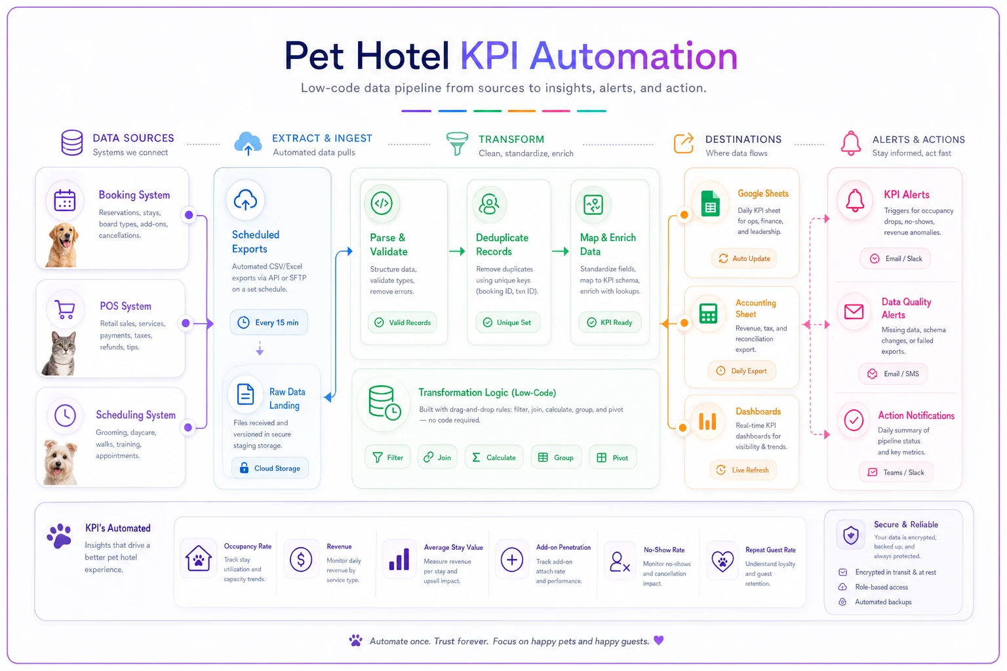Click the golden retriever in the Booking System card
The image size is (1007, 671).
[x=62, y=245]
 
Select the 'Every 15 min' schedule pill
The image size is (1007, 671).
[x=269, y=322]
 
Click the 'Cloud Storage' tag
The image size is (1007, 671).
[x=269, y=469]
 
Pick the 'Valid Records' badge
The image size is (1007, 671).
[x=403, y=322]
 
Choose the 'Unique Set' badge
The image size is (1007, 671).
[x=508, y=322]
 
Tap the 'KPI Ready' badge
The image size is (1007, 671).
[x=610, y=322]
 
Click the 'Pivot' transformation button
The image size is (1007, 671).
[x=613, y=457]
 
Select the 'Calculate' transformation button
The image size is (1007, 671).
[x=494, y=457]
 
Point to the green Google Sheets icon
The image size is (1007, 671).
[x=710, y=204]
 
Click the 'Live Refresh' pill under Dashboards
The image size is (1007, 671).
[x=743, y=470]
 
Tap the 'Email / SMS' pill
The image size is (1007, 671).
[x=894, y=374]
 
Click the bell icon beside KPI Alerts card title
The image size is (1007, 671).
[x=855, y=201]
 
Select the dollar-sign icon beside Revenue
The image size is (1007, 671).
[x=301, y=560]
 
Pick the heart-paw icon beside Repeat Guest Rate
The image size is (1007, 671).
[x=722, y=561]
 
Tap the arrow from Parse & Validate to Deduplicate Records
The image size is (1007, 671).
[x=457, y=251]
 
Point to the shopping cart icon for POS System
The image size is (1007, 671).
[x=65, y=309]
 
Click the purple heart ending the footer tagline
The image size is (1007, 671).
[x=659, y=640]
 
